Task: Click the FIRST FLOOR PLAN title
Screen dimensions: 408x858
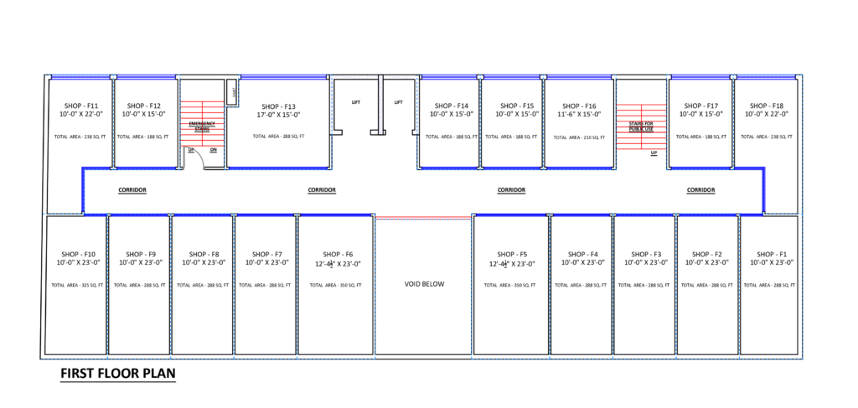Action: [118, 374]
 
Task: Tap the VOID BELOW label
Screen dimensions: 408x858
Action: [425, 284]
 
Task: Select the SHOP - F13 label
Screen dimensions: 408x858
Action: [279, 106]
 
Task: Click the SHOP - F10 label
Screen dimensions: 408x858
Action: [78, 254]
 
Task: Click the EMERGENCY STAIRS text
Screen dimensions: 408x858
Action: [202, 127]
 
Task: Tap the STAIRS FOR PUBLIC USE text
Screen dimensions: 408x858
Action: [642, 127]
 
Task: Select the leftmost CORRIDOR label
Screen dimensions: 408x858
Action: [132, 190]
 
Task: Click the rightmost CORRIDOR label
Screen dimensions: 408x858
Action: [700, 190]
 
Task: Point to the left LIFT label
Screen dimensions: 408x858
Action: [355, 102]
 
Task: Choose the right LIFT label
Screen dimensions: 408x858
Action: [399, 102]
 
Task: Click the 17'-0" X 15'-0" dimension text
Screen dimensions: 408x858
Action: [279, 115]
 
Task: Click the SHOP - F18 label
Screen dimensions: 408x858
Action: [767, 106]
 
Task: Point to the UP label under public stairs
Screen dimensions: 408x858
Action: [654, 153]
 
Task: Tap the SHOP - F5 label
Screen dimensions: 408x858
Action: [511, 254]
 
